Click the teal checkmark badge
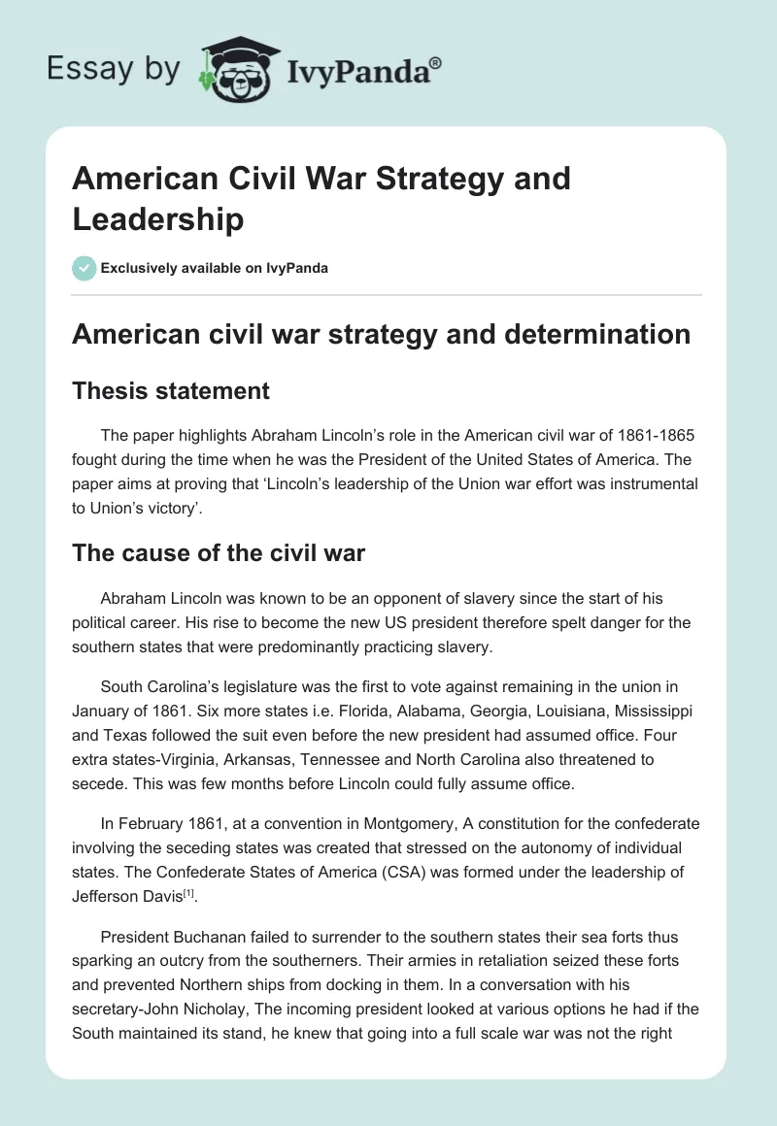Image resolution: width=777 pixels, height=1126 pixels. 84,268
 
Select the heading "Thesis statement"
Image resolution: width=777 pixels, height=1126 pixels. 171,390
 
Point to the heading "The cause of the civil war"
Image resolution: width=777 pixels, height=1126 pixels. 219,554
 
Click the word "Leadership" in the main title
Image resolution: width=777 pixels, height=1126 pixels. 158,219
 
